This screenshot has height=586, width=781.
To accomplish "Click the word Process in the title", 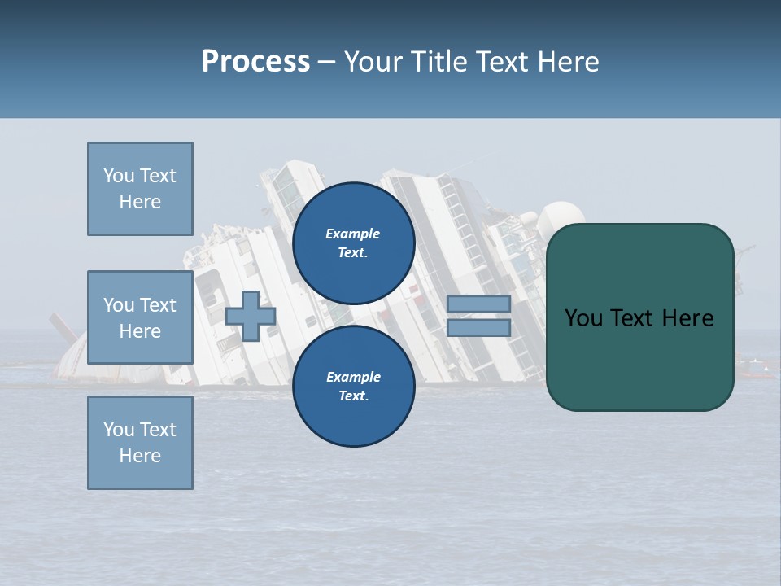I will tap(255, 61).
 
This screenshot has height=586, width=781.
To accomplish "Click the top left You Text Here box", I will tap(140, 189).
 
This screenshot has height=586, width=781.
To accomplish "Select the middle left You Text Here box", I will tap(140, 317).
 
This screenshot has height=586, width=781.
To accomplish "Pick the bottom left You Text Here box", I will tap(140, 443).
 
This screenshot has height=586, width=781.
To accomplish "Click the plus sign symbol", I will tap(251, 317).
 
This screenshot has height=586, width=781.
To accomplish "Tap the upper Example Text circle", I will tap(353, 243).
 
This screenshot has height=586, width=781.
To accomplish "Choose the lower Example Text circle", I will tap(353, 387).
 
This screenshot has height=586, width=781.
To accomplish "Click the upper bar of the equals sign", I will tap(478, 304).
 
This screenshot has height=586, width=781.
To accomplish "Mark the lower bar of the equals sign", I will tap(478, 327).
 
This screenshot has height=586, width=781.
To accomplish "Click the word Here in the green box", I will tap(687, 317).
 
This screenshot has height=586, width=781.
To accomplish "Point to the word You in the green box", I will tap(583, 317).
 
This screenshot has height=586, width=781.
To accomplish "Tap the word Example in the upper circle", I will tap(353, 234).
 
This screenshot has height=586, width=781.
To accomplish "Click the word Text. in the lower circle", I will tap(353, 396).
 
